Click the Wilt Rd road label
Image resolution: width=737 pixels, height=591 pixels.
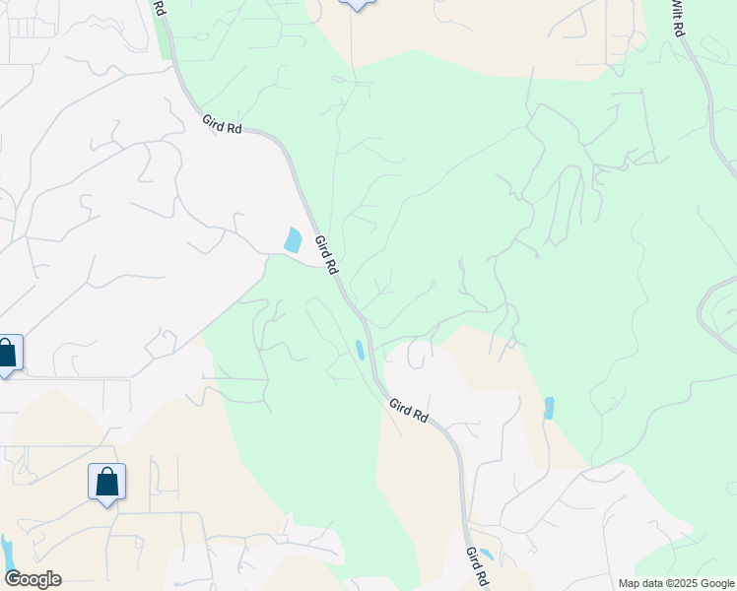(677, 18)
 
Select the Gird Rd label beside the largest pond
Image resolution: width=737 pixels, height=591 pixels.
(326, 253)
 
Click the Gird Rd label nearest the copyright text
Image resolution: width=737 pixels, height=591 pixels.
(477, 566)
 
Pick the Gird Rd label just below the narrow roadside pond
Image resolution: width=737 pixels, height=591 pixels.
(408, 410)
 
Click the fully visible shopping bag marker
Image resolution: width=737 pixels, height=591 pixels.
(107, 484)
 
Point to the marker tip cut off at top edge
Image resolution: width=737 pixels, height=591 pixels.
(356, 5)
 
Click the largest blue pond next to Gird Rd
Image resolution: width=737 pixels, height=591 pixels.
(293, 239)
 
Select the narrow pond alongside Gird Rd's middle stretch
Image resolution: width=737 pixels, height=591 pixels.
(361, 350)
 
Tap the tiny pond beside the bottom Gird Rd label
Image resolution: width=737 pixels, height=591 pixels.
(485, 555)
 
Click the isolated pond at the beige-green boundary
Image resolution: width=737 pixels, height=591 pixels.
(549, 407)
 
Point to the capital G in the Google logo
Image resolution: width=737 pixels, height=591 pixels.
(12, 579)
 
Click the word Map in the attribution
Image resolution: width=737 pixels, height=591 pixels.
(630, 583)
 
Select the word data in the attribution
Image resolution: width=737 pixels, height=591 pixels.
(655, 583)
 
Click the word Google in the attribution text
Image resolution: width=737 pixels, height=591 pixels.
(719, 583)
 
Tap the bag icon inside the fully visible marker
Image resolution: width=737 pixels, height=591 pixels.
(107, 482)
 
